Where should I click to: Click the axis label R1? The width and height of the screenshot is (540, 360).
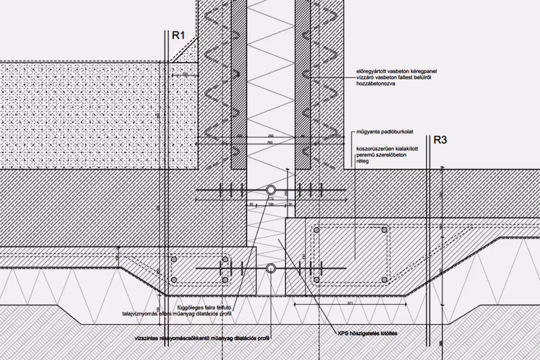point(179,36)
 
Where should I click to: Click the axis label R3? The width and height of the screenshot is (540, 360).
point(440,140)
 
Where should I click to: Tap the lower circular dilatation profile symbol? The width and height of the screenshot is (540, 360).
point(271,269)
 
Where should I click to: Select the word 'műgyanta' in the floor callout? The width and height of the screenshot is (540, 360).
point(367,132)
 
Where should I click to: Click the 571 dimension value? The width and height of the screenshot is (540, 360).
point(351,304)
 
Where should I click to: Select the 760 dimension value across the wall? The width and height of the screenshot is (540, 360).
point(270,143)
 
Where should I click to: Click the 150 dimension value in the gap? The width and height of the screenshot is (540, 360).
point(271,204)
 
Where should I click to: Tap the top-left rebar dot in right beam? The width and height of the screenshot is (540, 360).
point(316,230)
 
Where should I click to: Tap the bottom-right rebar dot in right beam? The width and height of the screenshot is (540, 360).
point(384,279)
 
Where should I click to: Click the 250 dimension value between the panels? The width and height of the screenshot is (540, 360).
point(270,136)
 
